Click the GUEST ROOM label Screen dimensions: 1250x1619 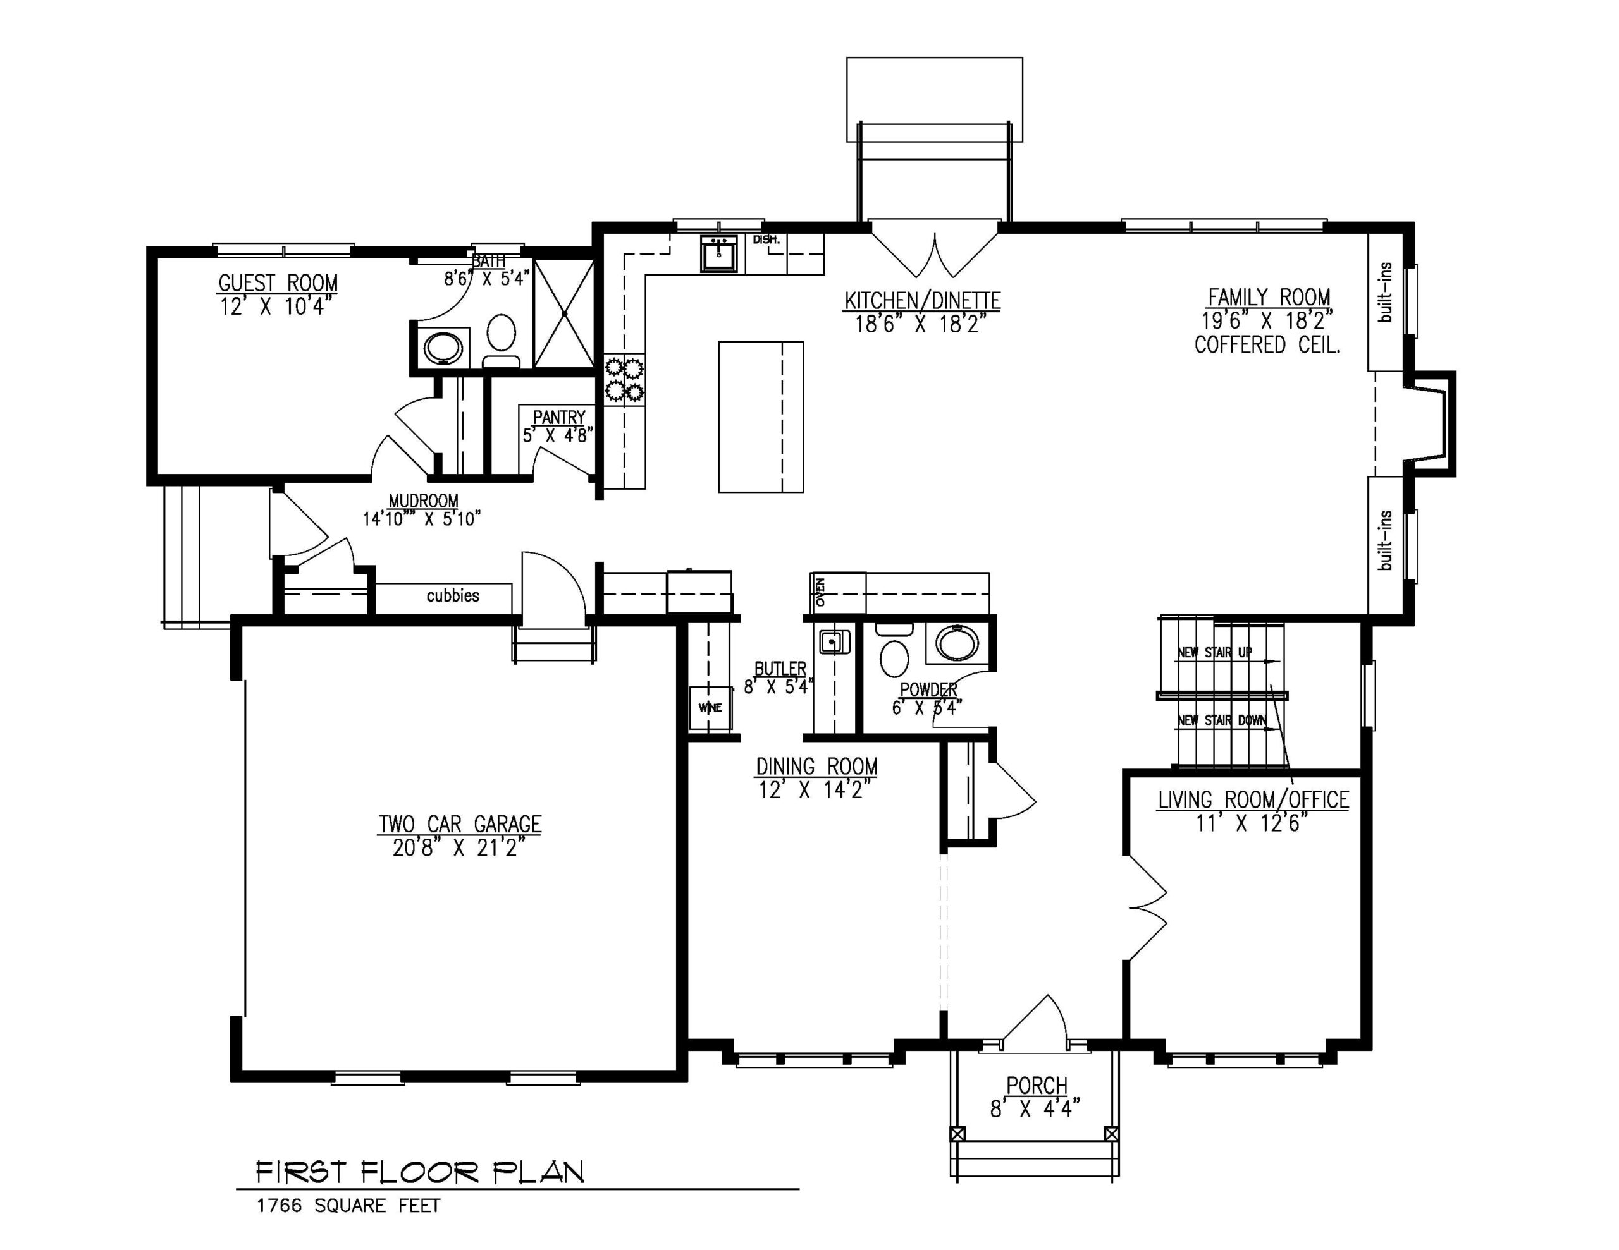click(x=278, y=283)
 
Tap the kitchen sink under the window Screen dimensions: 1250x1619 click(x=718, y=254)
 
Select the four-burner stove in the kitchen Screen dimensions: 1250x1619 click(x=624, y=379)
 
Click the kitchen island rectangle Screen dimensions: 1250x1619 click(x=761, y=416)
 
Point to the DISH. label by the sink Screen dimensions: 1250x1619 click(x=766, y=240)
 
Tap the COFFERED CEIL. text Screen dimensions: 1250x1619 click(x=1267, y=345)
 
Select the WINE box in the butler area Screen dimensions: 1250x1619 click(x=710, y=708)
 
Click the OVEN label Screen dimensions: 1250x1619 click(x=820, y=592)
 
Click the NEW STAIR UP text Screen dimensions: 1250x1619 click(x=1214, y=652)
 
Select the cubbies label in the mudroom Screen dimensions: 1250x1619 click(x=452, y=596)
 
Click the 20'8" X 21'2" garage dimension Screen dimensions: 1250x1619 click(x=460, y=847)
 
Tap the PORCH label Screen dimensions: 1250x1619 click(x=1037, y=1086)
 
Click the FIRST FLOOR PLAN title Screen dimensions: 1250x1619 click(x=419, y=1172)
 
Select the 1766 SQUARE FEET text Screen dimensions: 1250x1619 click(x=348, y=1206)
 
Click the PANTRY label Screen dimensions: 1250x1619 click(x=559, y=417)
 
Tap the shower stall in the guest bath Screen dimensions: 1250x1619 click(x=564, y=313)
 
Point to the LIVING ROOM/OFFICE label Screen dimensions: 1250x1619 click(x=1253, y=799)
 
